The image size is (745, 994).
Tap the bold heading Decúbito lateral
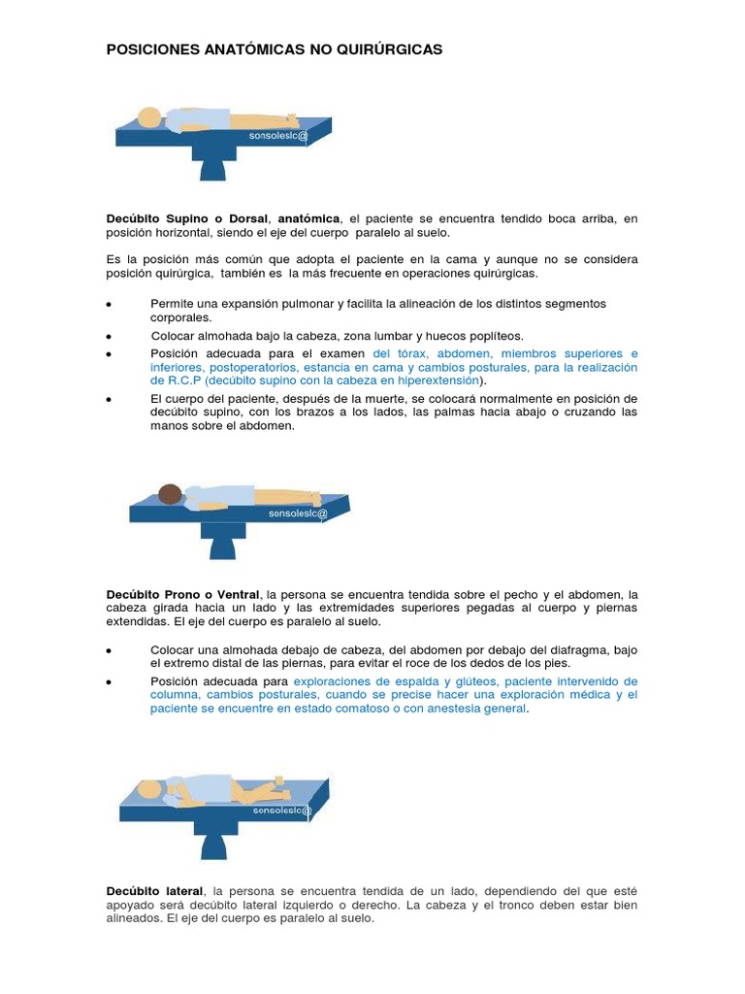pos(154,890)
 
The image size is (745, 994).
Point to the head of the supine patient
pos(149,117)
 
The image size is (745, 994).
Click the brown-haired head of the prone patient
pos(171,494)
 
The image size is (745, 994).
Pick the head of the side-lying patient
pos(154,788)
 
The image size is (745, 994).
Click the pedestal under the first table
pos(212,164)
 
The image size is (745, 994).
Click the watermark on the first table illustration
pos(278,136)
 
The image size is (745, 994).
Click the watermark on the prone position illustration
pos(298,513)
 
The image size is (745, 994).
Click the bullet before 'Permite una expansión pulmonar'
pos(110,305)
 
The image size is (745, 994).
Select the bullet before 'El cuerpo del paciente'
pos(110,399)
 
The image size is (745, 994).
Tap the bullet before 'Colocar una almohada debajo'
pos(110,650)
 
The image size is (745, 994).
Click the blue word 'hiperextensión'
pos(435,381)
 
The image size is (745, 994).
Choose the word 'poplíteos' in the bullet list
pos(494,336)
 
